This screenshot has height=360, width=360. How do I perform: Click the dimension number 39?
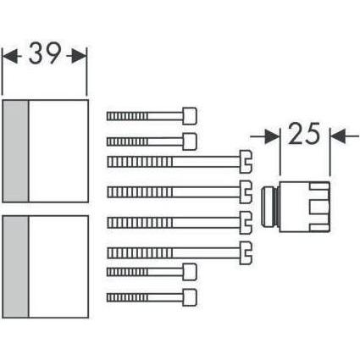45,56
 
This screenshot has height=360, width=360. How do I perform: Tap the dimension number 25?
304,135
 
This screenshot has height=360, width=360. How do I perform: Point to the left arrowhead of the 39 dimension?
10,56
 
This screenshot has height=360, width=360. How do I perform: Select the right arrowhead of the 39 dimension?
80,56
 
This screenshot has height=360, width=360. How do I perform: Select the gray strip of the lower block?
16,267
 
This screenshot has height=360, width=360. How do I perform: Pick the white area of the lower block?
58,267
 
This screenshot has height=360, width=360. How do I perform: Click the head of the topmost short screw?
190,115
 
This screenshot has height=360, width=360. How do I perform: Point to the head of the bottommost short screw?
190,296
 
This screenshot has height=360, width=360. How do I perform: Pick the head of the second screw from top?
190,139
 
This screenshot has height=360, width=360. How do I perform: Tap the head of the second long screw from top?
246,189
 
